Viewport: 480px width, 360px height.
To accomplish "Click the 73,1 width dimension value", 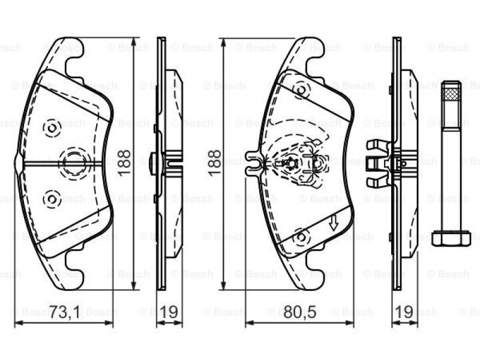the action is pos(65,313).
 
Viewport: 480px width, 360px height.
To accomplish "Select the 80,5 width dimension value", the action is pos(299,313).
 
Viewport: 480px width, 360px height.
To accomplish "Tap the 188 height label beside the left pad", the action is pos(124,163).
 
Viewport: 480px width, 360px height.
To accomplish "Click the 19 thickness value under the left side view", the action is pos(169,313).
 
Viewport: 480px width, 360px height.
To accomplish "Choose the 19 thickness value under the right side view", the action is pos(404,313).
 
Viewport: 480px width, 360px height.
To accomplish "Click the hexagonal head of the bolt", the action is pos(451,238).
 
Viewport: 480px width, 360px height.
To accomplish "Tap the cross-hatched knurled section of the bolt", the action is pos(451,94).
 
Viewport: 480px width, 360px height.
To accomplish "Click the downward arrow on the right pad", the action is pos(334,223).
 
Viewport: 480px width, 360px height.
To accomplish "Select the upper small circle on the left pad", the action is pos(52,127).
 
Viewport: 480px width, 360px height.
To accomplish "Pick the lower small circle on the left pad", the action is pos(52,200).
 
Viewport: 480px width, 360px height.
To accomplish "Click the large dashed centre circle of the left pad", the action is pos(73,163).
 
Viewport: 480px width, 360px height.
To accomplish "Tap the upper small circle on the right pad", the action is pos(301,90).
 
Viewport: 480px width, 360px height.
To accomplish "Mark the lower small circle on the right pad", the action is pos(301,236).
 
